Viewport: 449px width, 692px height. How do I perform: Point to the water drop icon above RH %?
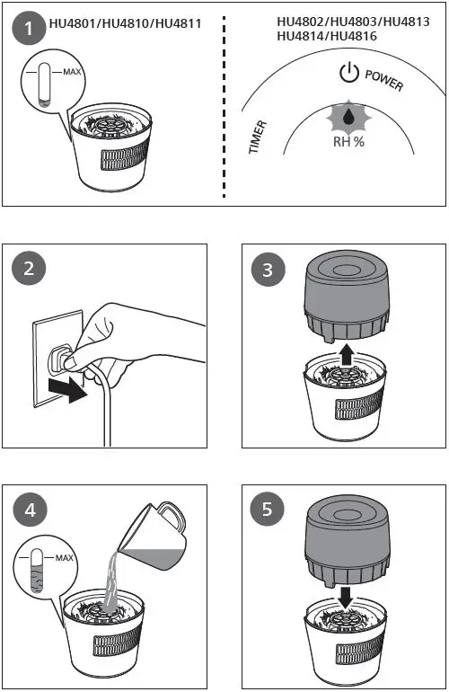point(348,116)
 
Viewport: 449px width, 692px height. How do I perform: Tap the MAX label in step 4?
point(64,558)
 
